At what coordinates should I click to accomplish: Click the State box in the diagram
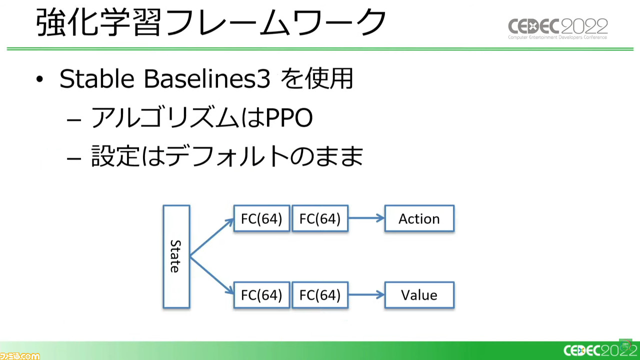(x=176, y=256)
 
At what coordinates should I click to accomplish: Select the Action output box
(x=419, y=218)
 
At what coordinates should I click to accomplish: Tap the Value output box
(x=419, y=295)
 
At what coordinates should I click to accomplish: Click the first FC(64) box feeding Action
(x=261, y=218)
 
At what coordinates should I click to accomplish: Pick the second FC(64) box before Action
(x=320, y=218)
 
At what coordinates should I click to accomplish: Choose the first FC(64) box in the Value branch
(x=261, y=295)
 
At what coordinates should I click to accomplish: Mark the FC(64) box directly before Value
(x=320, y=295)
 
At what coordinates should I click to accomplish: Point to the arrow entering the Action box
(x=366, y=218)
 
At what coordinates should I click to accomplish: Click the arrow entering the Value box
(x=366, y=295)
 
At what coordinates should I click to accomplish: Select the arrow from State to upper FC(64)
(x=212, y=237)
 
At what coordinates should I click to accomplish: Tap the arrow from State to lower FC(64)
(x=212, y=275)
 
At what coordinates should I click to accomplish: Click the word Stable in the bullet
(x=97, y=78)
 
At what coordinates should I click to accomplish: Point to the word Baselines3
(x=207, y=78)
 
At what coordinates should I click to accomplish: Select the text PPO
(x=289, y=117)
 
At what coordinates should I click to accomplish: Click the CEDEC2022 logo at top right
(x=557, y=28)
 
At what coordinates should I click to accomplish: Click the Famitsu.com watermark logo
(x=19, y=356)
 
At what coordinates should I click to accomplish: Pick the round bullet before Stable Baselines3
(x=39, y=79)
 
